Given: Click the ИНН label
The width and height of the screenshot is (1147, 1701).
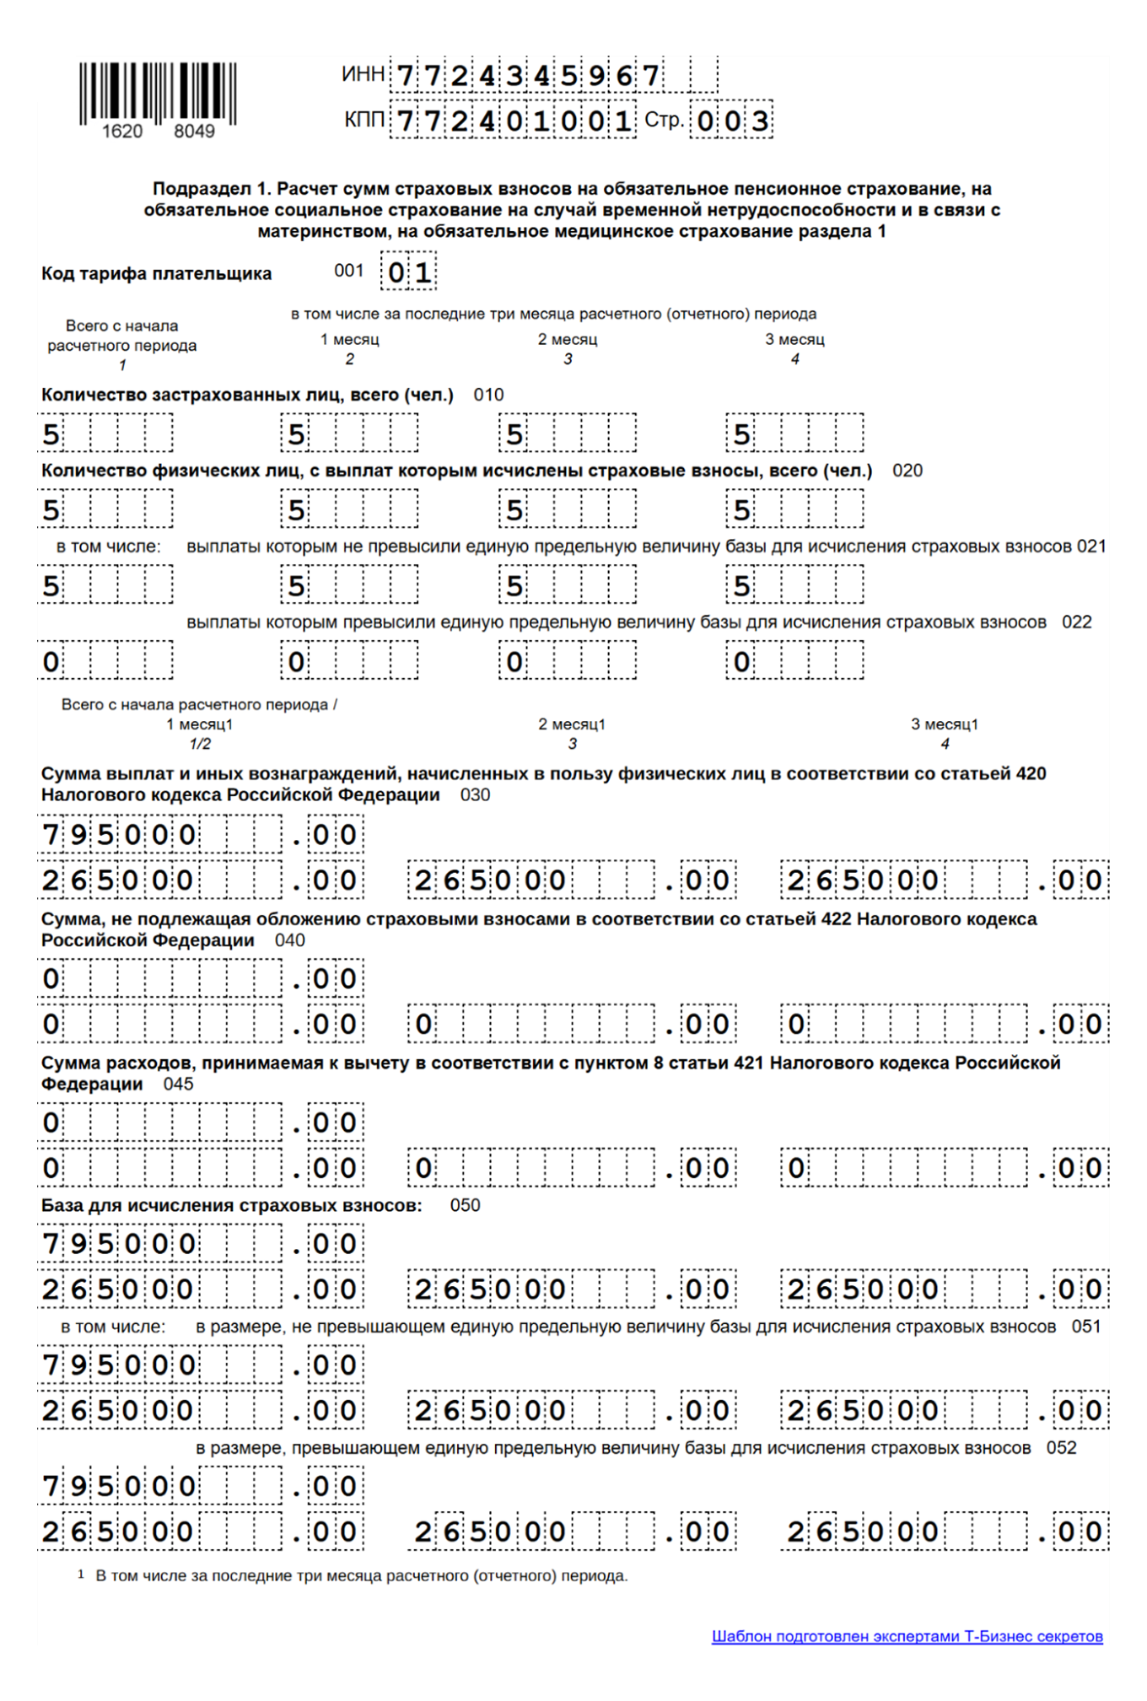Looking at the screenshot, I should tap(363, 74).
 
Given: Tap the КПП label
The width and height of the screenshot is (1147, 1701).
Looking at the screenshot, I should tap(364, 120).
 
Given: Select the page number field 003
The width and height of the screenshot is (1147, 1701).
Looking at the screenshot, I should tap(731, 121).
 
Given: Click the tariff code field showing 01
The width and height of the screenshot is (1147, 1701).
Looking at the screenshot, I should tap(409, 272).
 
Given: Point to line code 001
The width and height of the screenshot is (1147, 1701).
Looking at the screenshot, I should tap(348, 271).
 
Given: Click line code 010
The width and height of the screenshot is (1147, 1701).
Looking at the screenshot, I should tap(488, 395).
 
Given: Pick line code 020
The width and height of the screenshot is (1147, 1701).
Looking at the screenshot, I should tap(907, 471).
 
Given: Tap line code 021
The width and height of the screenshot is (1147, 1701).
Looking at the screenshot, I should tap(1091, 546).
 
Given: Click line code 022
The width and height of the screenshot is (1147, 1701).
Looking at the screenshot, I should tap(1076, 622).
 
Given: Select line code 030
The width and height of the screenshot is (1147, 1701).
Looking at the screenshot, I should tap(475, 794).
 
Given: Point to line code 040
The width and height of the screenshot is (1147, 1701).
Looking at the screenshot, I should tap(289, 940).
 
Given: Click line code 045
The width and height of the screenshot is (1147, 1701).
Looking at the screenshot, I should tap(178, 1084).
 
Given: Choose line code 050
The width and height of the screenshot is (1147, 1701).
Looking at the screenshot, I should tap(465, 1205).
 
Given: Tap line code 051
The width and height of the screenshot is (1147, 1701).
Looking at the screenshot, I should tap(1086, 1327).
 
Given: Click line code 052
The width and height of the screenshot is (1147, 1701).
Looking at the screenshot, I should tap(1061, 1448).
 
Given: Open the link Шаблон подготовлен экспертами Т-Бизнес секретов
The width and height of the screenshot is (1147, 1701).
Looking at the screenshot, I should tap(907, 1636).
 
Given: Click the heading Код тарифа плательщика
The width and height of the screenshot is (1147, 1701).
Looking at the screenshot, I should tap(156, 273).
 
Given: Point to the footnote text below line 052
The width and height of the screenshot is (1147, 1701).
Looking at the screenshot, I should tap(361, 1575).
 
